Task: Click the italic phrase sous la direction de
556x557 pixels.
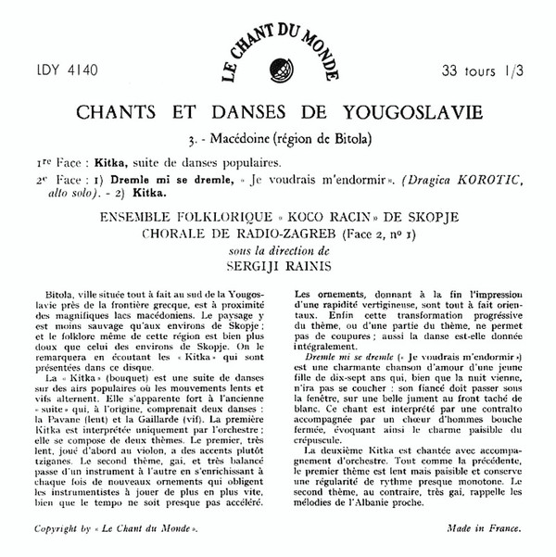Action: click(277, 248)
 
